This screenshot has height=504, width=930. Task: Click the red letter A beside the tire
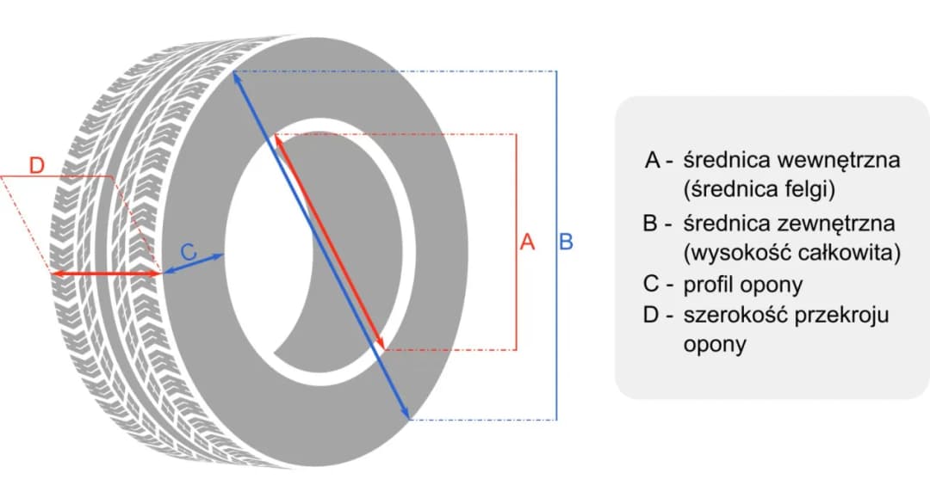pos(528,242)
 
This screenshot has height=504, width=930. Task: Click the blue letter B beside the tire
pos(567,242)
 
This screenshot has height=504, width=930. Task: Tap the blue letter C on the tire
pos(189,253)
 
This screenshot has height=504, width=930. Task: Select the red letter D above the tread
pos(36,165)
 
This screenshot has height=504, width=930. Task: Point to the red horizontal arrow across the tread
pos(106,274)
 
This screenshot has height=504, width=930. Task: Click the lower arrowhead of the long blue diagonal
pos(406,414)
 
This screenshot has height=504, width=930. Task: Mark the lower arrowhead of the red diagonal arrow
pos(380,344)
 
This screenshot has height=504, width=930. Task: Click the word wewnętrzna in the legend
pos(839,161)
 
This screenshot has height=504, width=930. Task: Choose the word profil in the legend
pos(710,285)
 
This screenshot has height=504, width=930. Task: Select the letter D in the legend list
pos(653,315)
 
